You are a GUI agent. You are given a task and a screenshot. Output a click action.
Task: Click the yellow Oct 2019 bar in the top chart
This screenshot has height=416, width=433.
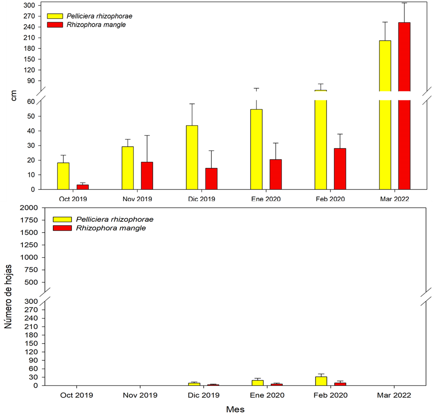coord(63,176)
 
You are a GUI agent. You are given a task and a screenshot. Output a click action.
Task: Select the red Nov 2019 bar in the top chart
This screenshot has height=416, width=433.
coord(147,176)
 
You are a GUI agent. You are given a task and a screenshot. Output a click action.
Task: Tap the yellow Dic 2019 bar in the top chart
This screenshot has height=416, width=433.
coord(192,158)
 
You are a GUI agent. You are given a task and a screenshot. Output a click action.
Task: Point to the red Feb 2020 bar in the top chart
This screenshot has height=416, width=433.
coord(340,169)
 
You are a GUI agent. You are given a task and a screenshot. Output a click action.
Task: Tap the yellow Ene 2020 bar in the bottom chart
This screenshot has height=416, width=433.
coord(257,383)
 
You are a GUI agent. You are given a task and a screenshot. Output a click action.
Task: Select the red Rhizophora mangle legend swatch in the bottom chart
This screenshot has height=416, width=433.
coord(59,228)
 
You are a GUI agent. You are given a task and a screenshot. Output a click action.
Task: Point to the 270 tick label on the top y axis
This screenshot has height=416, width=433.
coord(29,16)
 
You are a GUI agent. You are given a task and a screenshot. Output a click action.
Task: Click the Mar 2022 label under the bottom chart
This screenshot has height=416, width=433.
coord(395,395)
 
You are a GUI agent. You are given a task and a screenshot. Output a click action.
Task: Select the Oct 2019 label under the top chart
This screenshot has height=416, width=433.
coord(73,199)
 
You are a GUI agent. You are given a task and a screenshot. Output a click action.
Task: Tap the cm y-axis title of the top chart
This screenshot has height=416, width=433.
coord(13,98)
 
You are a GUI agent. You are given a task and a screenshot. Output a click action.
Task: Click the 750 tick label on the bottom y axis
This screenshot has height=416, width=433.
coord(29,270)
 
